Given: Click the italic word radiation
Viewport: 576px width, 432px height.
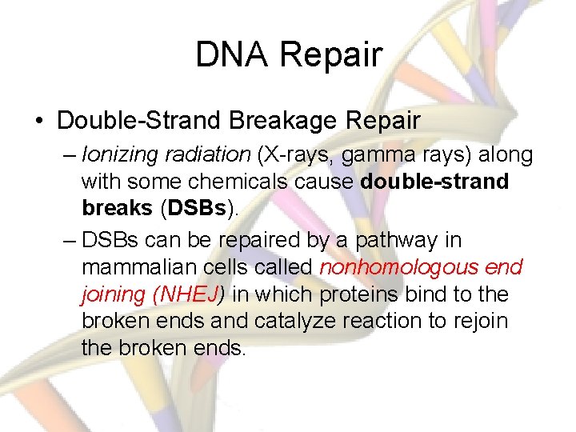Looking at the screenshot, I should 203,154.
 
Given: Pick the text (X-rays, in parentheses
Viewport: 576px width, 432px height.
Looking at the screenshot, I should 291,154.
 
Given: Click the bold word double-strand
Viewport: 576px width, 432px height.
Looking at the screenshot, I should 434,182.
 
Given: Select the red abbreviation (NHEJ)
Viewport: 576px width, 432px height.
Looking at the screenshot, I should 187,294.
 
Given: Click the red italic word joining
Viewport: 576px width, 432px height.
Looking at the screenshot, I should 112,294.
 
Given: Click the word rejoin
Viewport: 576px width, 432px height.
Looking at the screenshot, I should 479,321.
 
